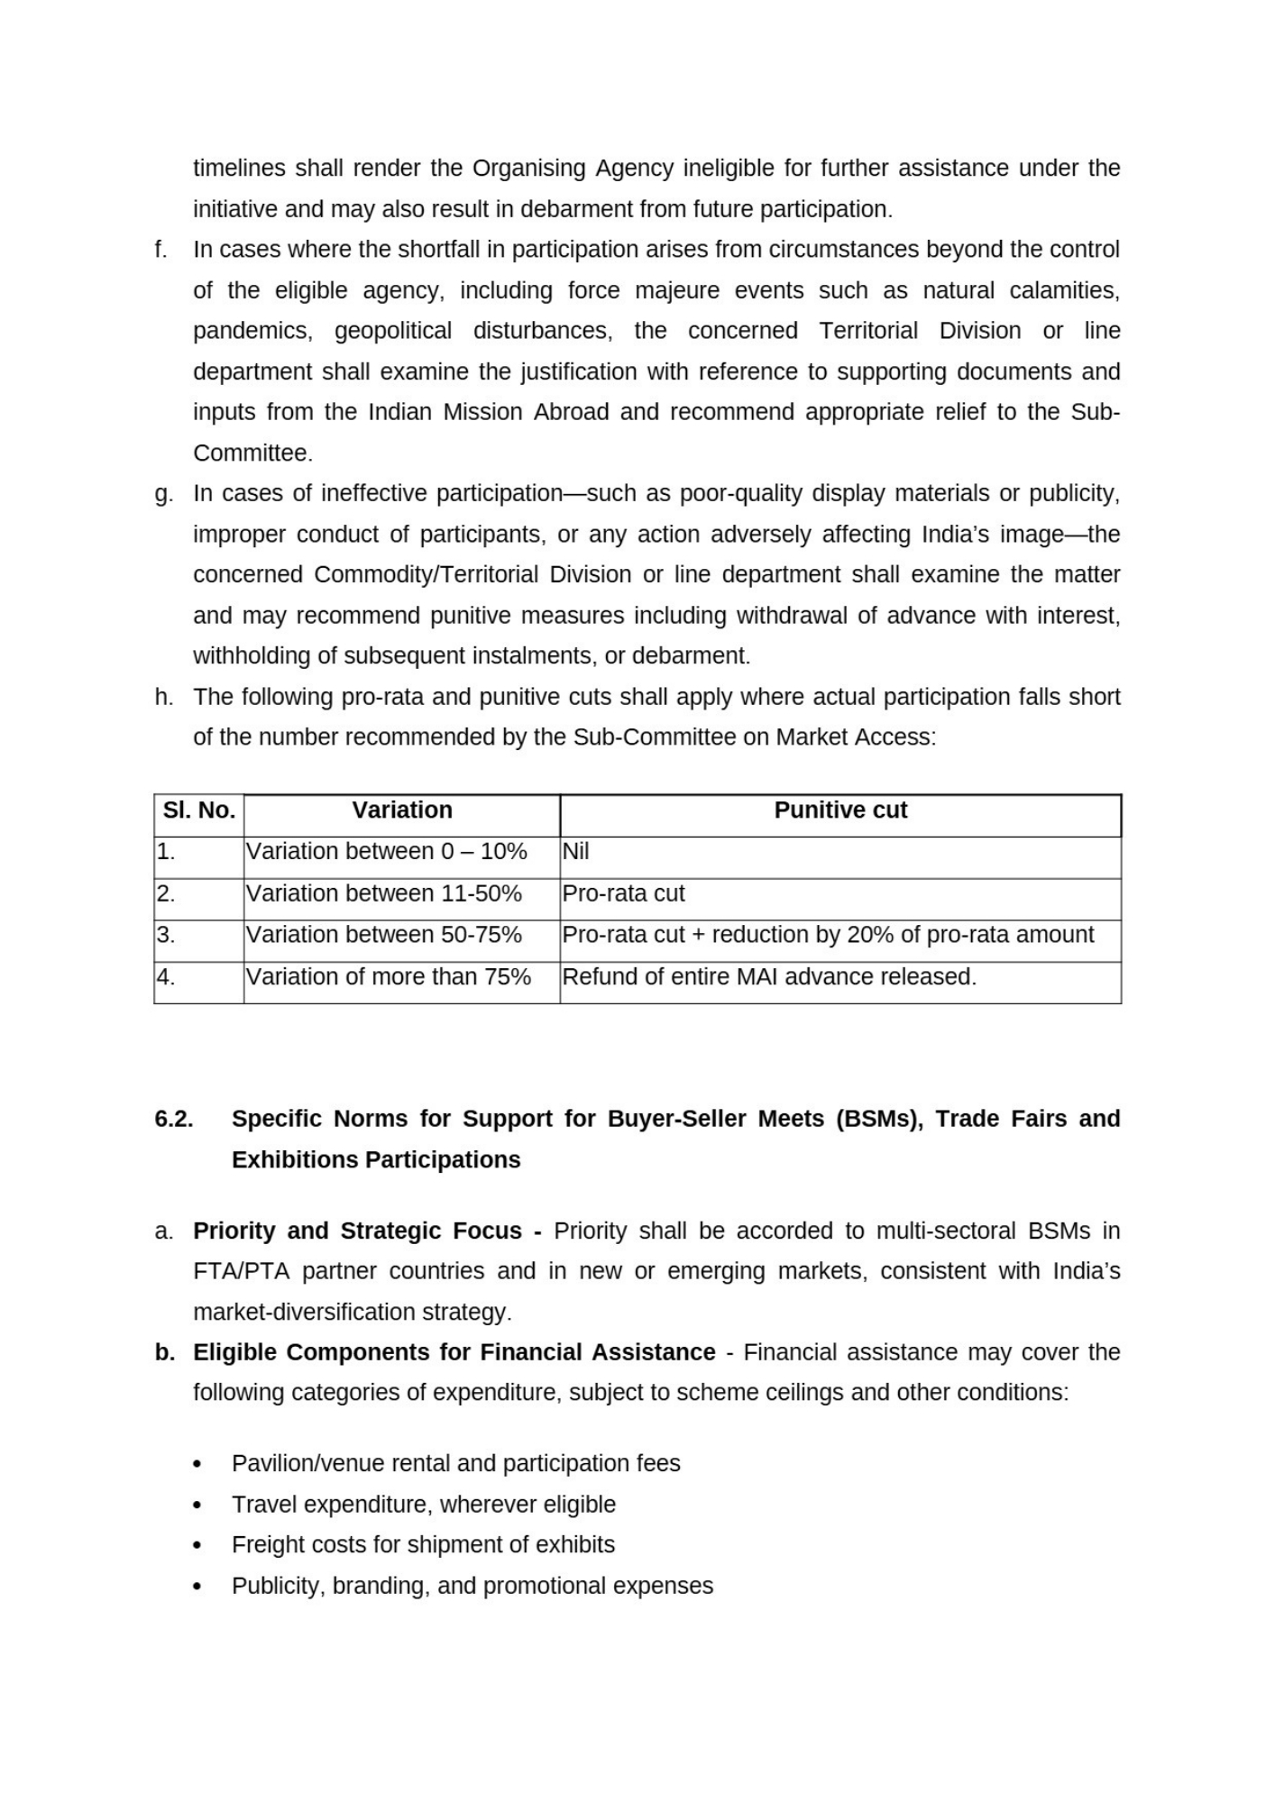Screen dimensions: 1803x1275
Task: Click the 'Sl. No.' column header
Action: coord(198,810)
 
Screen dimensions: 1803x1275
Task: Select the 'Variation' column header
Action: coord(402,810)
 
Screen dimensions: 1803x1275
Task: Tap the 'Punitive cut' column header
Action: coord(840,810)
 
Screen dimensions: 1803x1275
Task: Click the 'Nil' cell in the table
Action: coord(575,852)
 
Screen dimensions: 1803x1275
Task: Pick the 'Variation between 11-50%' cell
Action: coord(384,893)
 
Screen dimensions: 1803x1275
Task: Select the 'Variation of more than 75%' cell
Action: coord(389,977)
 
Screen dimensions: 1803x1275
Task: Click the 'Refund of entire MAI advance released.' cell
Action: coord(769,977)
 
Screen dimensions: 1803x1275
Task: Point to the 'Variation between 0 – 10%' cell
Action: coord(386,852)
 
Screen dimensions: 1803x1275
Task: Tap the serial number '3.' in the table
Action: coord(166,935)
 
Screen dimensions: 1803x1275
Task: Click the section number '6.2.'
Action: coord(174,1119)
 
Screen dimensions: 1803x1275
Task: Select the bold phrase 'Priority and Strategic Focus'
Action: coord(358,1231)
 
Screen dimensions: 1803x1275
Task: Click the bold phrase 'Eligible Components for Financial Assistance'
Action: coord(454,1353)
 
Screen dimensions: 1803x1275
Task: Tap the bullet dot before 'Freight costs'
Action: coord(197,1546)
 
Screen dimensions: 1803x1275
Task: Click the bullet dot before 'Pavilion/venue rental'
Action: coord(197,1465)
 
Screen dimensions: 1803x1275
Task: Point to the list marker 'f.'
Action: coord(161,250)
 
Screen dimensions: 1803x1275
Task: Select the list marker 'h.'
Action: coord(163,697)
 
